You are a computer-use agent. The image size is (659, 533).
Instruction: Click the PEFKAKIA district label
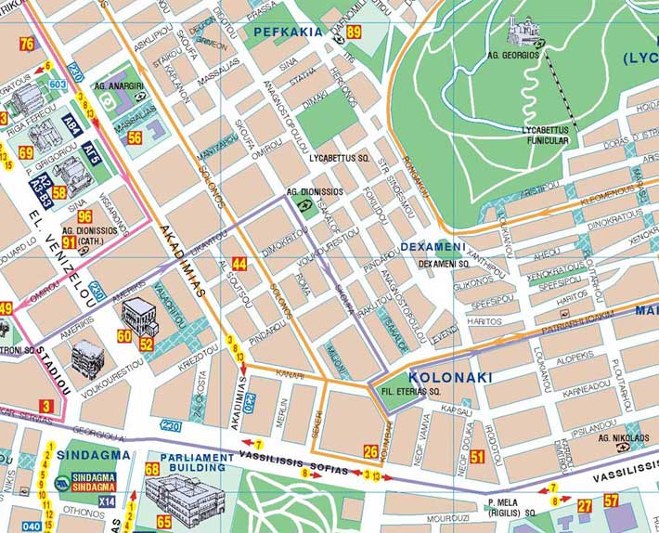coord(287,32)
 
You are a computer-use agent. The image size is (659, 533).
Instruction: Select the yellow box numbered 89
coord(354,32)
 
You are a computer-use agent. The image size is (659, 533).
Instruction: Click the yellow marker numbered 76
coord(26,44)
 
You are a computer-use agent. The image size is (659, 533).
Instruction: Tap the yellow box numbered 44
coord(239,263)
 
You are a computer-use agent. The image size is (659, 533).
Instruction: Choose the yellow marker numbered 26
coord(370,452)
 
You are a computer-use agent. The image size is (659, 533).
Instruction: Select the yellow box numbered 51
coord(478,456)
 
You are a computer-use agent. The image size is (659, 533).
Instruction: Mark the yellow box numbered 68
coord(152,469)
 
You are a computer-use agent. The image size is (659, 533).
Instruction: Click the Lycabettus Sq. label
coord(340,158)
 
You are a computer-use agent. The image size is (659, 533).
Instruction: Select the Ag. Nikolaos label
coord(624,438)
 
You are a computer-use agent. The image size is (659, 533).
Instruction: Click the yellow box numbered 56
coord(136,137)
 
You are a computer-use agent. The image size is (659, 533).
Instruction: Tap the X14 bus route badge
coord(107,501)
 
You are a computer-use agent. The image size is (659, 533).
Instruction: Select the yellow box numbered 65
coord(163,522)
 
